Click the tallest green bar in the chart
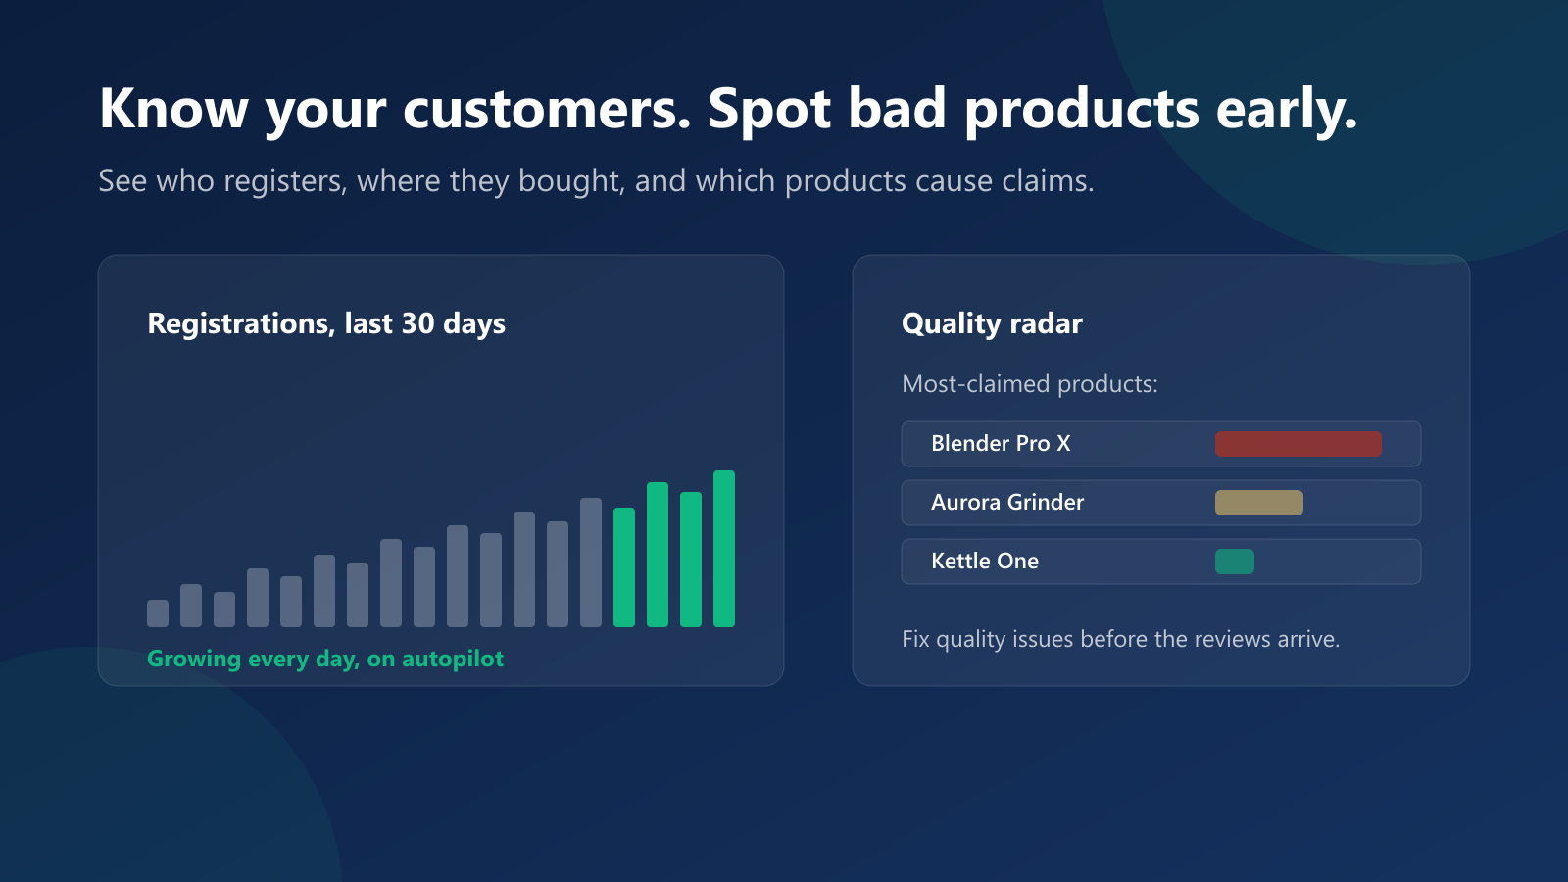724,549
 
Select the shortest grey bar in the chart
158,613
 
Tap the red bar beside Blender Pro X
1298,444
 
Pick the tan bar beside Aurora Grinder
1259,503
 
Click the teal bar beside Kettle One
1235,562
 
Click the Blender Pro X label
1001,443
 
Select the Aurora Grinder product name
1007,502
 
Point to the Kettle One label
985,561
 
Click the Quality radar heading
992,323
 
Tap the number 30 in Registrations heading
418,323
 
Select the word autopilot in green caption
453,659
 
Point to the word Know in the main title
173,108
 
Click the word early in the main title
1287,111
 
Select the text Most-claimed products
1030,383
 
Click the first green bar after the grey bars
624,567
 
